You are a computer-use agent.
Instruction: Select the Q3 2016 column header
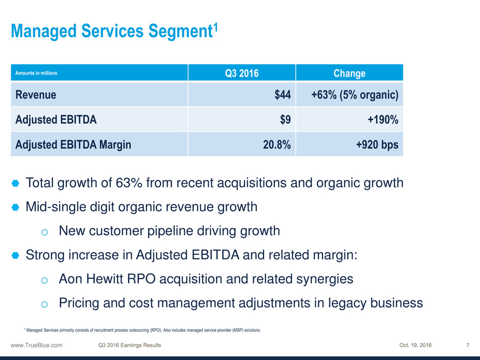click(x=242, y=73)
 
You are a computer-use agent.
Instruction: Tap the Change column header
click(x=349, y=73)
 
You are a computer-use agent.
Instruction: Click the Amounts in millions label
click(x=36, y=73)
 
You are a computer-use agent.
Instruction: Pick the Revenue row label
click(x=36, y=94)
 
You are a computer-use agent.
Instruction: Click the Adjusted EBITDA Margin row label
click(x=73, y=145)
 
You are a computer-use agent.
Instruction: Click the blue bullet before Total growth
click(x=15, y=183)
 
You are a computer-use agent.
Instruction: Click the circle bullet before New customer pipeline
click(x=44, y=232)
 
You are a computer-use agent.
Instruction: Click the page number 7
click(x=468, y=345)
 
